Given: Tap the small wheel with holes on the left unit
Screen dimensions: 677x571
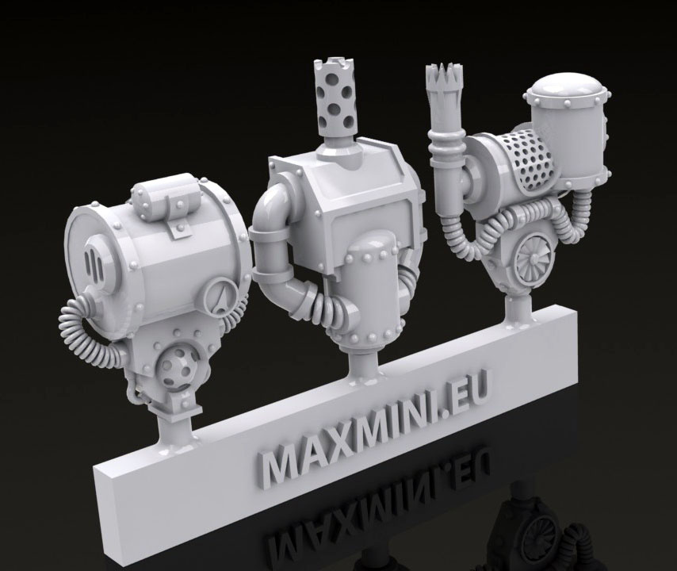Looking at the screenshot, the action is (177, 366).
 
